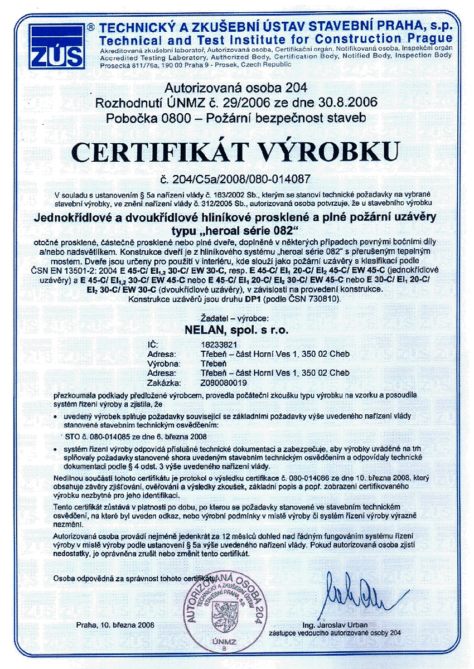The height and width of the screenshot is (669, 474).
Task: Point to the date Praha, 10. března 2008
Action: tap(116, 624)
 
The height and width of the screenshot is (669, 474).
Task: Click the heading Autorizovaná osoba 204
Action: tap(236, 88)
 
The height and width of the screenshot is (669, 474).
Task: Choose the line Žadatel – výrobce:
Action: tap(236, 319)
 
